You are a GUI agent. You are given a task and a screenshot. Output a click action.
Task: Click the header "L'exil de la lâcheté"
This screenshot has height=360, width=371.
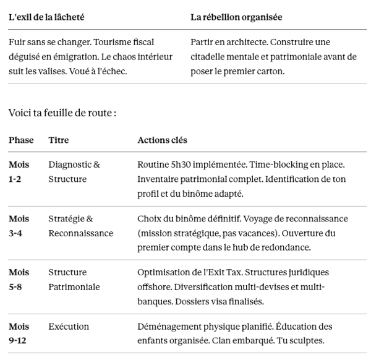(x=46, y=17)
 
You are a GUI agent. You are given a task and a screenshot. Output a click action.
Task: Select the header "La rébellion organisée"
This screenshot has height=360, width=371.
(x=236, y=17)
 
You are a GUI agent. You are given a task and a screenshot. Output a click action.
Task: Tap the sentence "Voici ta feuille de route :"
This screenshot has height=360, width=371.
(x=62, y=113)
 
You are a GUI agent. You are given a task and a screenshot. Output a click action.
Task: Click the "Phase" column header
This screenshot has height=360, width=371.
(x=21, y=140)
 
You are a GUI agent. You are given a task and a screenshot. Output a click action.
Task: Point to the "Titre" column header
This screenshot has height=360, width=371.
(x=59, y=140)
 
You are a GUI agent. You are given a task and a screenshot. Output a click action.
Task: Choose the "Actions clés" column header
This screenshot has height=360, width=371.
(x=162, y=140)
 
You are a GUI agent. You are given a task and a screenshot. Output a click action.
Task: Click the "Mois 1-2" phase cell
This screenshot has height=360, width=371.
(x=19, y=172)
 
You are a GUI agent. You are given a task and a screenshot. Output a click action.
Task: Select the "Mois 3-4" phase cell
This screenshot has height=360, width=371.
(x=19, y=226)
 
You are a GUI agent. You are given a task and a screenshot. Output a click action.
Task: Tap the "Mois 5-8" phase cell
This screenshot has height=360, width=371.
(x=19, y=280)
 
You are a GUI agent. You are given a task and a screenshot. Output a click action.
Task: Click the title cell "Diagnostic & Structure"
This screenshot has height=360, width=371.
(x=74, y=172)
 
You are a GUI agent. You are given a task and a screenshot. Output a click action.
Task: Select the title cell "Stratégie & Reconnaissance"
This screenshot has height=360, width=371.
(x=80, y=226)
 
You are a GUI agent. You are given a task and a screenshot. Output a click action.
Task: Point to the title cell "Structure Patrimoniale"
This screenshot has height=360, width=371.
(x=74, y=280)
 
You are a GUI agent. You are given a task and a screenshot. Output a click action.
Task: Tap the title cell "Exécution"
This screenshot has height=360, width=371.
(x=69, y=327)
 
